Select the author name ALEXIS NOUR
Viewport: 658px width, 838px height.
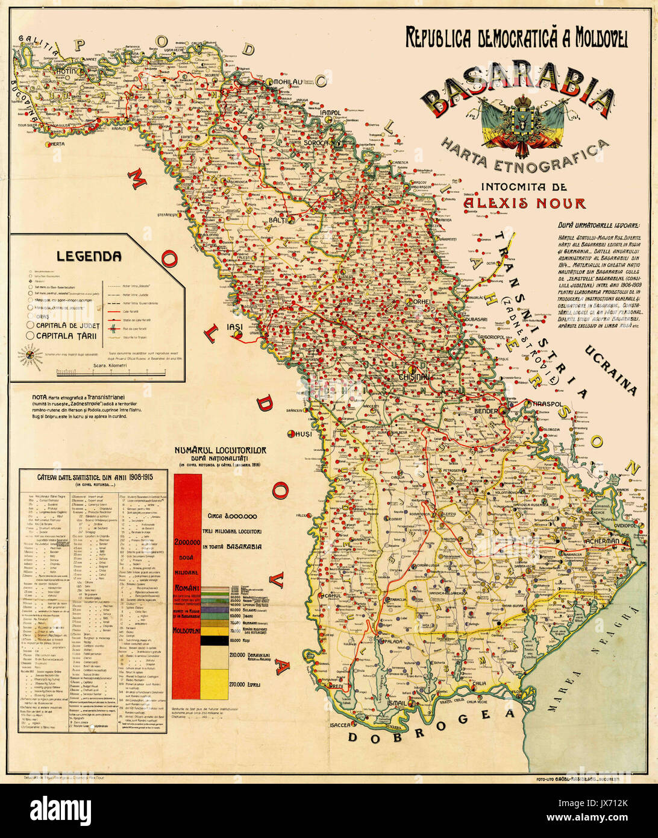[x=524, y=203]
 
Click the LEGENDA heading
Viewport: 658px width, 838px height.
[x=89, y=256]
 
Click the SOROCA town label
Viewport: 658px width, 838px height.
[x=316, y=143]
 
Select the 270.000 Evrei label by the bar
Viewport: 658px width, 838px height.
[x=246, y=685]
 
